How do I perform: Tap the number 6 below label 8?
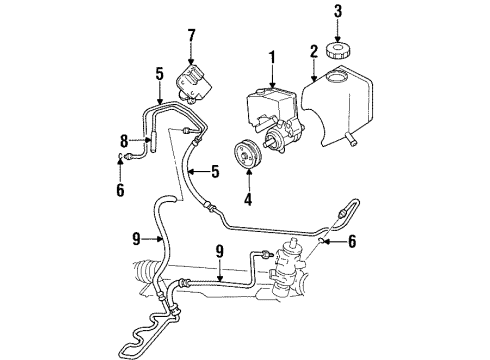[122, 190]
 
